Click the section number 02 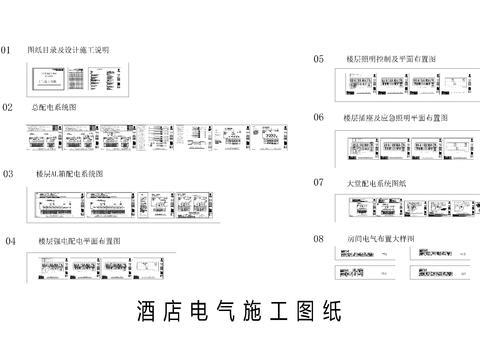7,106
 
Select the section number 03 8,173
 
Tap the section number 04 10,241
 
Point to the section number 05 318,59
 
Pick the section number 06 318,117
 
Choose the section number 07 318,182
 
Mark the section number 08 318,239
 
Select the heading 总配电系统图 54,106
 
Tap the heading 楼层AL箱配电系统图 71,173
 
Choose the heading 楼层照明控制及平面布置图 394,59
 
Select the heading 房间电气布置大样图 381,239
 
